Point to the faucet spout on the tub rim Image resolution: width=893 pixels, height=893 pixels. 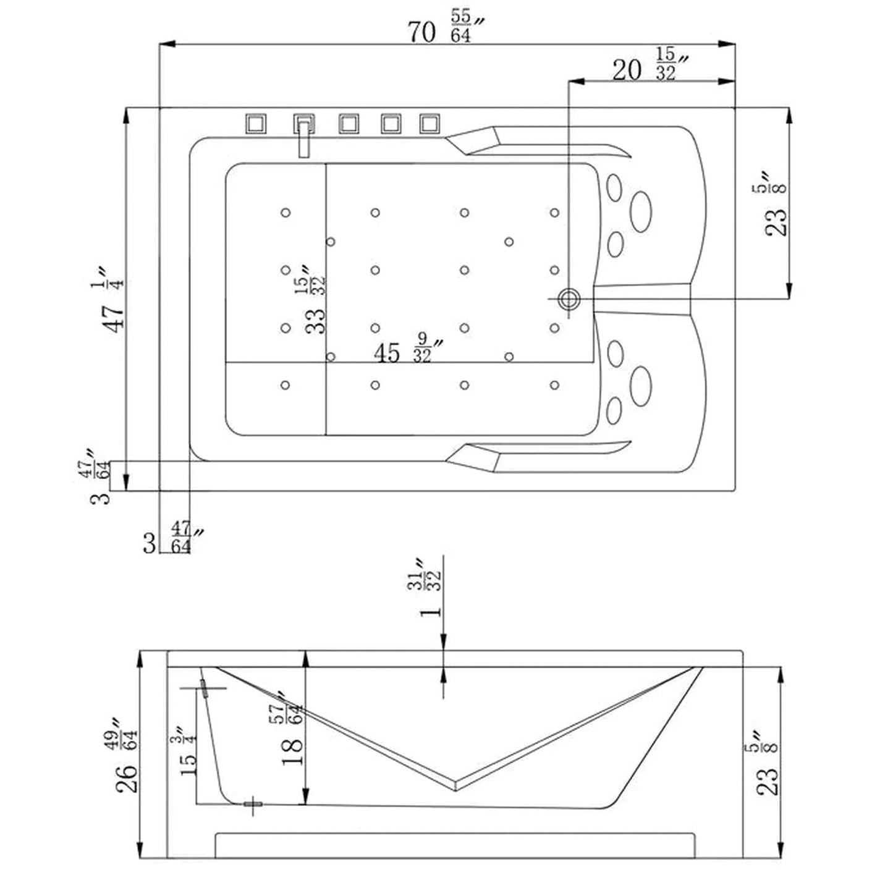[303, 141]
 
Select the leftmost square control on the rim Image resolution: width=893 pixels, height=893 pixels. [256, 124]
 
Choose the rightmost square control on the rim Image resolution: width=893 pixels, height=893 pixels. [430, 124]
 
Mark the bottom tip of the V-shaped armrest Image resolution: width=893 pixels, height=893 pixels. [456, 785]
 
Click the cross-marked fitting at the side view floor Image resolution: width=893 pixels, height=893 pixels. [253, 804]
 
